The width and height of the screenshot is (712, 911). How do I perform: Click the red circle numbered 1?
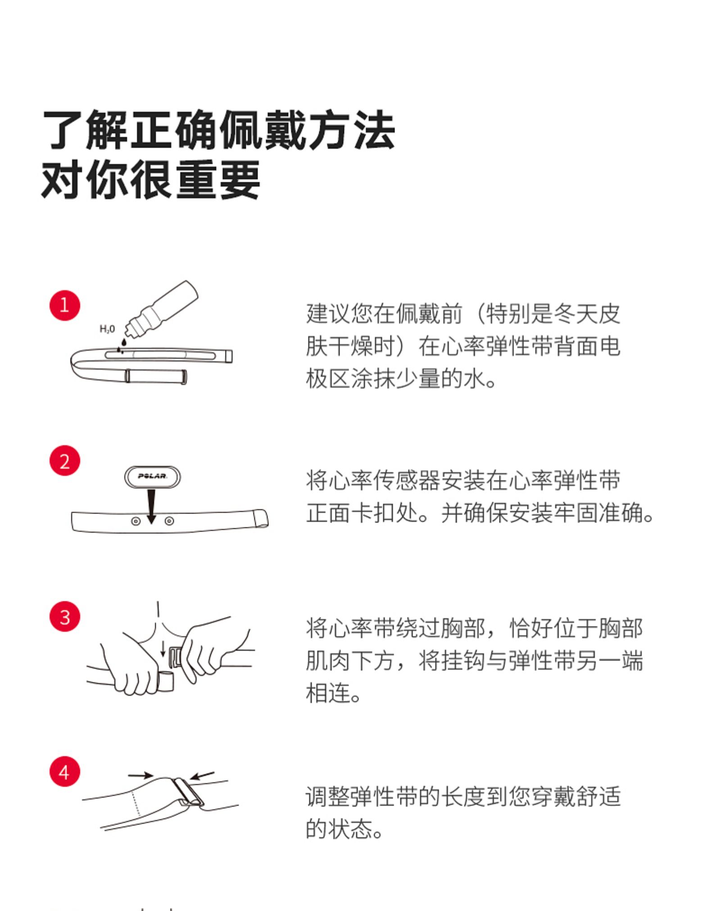point(64,305)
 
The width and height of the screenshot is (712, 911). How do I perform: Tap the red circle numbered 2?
point(64,461)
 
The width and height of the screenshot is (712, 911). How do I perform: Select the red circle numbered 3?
point(64,616)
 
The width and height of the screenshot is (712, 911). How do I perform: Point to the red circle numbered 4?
point(64,772)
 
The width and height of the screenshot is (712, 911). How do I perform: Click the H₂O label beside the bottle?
point(107,329)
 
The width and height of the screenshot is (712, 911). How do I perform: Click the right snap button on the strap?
point(169,521)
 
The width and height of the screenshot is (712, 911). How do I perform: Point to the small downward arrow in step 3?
point(163,648)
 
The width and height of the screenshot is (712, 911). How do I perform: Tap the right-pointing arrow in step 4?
point(140,775)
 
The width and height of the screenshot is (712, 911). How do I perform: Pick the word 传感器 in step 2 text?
point(407,480)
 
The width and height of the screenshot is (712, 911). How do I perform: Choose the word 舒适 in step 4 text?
point(598,796)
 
